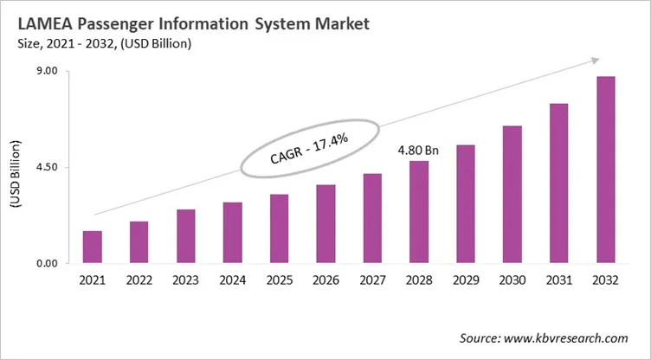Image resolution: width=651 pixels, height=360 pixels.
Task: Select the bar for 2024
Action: tap(232, 233)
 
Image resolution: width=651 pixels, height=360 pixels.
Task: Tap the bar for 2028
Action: tap(419, 212)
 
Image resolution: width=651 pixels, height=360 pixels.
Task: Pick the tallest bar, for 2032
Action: tap(606, 170)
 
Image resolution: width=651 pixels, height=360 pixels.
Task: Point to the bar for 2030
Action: tap(512, 195)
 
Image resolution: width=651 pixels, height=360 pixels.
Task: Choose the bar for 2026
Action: tap(325, 223)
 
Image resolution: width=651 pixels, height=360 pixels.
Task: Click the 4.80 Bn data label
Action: tap(418, 150)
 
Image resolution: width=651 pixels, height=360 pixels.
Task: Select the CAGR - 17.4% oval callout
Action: tap(309, 149)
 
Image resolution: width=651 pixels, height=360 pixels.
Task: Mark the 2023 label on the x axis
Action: tap(185, 280)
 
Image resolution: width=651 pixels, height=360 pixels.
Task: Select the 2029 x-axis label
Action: tap(466, 280)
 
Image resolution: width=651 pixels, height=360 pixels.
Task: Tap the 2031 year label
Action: tap(559, 280)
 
